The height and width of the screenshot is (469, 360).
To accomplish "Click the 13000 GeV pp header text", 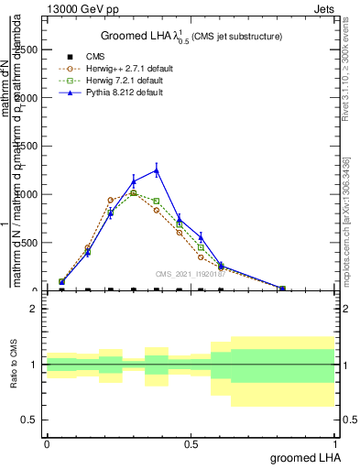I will point(80,7).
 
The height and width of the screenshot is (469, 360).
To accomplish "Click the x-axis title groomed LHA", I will point(302,457).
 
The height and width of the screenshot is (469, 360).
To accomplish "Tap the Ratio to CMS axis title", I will point(14,365).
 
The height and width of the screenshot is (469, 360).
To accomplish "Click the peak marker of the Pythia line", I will point(157,170).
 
